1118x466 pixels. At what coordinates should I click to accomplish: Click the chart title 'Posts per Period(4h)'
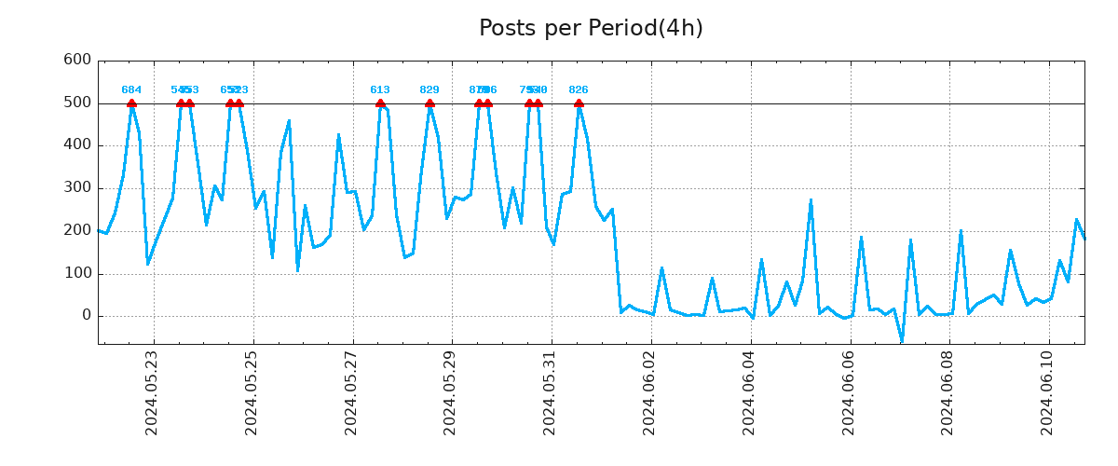click(591, 28)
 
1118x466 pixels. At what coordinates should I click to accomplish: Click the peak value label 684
click(131, 90)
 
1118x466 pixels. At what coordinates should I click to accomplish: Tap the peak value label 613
click(380, 90)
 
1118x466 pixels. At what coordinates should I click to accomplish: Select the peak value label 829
click(429, 90)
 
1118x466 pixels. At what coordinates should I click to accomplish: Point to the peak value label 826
click(579, 90)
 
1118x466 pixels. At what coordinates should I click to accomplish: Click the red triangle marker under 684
click(131, 103)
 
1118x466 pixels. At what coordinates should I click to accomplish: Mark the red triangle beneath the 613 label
click(380, 103)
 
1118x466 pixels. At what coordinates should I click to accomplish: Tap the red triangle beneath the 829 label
click(429, 103)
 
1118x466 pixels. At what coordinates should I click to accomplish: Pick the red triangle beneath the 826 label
click(579, 103)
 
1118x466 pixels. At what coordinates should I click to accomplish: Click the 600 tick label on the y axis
click(76, 61)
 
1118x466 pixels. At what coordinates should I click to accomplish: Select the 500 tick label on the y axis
click(76, 103)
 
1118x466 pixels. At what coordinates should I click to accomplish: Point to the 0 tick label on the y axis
click(86, 316)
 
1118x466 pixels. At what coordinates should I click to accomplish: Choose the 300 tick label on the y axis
click(76, 188)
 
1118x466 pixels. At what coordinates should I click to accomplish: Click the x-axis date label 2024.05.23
click(152, 392)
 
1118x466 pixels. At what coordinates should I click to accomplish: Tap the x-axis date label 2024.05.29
click(450, 392)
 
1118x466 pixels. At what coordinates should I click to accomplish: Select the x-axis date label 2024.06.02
click(649, 392)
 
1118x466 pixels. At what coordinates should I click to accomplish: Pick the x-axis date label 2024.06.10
click(1047, 392)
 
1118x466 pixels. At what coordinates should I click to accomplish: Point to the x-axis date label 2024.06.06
click(849, 392)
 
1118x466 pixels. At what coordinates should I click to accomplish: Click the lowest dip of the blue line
click(902, 340)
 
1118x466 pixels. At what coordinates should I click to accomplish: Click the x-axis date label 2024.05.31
click(550, 392)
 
